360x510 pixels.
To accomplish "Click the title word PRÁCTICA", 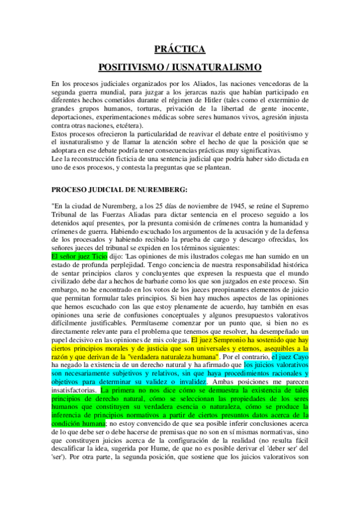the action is coord(180,50).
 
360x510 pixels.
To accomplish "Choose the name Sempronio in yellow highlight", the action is coord(234,339).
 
